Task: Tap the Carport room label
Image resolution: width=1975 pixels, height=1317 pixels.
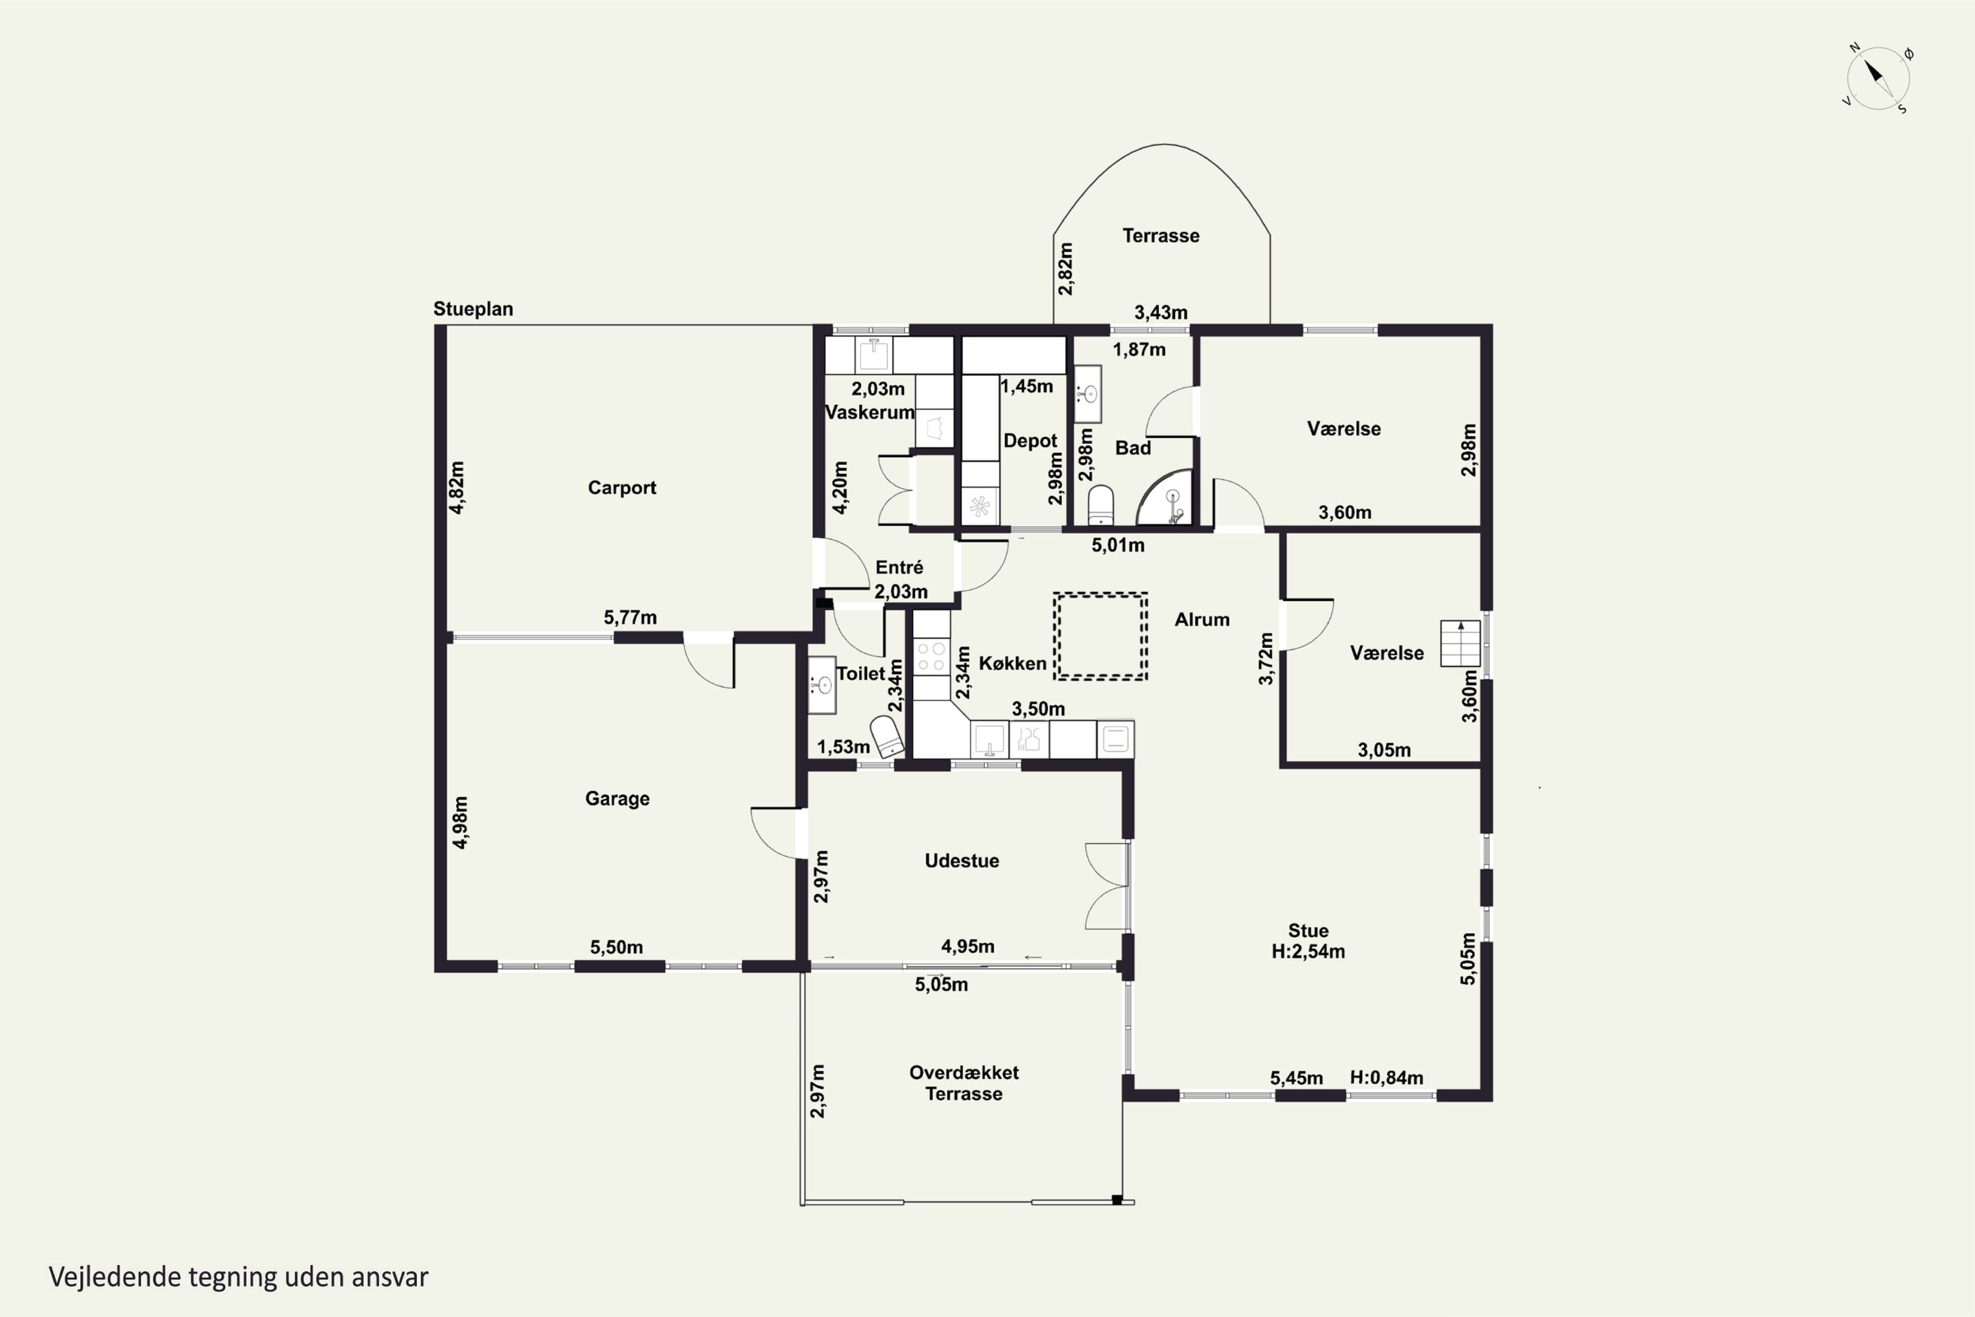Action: pos(621,488)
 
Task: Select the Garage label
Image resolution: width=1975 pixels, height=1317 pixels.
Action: pos(618,799)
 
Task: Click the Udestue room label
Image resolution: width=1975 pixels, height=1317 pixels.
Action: pos(961,861)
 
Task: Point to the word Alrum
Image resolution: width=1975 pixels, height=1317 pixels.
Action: pos(1201,620)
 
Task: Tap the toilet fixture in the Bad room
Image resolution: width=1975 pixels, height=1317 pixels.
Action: pos(1100,506)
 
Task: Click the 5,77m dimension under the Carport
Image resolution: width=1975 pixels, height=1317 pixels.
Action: pos(630,618)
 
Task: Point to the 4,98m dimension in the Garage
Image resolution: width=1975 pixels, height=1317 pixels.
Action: pos(460,822)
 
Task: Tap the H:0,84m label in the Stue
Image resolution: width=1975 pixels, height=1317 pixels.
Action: pos(1386,1077)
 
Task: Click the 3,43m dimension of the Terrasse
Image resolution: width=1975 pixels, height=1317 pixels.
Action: pos(1161,312)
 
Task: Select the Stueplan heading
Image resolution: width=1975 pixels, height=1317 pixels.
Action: pos(473,309)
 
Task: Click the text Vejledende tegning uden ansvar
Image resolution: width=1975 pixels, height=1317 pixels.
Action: pos(238,1277)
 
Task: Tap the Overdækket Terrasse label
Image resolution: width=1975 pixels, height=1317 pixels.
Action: pos(964,1083)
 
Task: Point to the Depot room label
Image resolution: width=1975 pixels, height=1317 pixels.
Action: pos(1030,441)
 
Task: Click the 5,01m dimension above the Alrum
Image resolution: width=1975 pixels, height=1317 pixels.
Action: pos(1118,545)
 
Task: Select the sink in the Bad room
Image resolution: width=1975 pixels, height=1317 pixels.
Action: pos(1088,394)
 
